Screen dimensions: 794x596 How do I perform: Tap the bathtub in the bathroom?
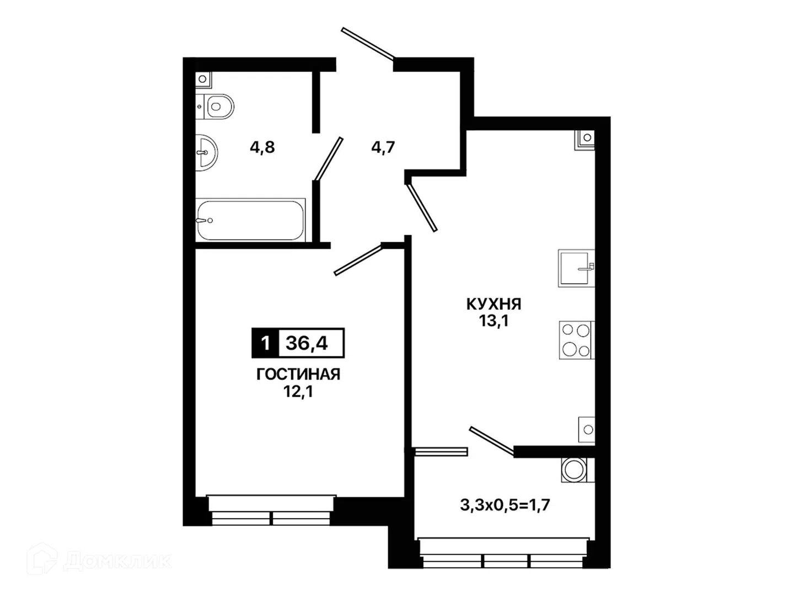tap(250, 220)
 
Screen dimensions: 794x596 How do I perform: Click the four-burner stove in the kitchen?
tap(577, 340)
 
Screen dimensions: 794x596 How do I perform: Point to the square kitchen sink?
tap(576, 268)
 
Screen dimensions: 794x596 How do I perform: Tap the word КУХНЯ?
tap(493, 304)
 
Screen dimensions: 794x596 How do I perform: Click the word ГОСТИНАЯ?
tap(298, 374)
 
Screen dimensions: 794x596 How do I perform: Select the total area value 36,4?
tap(307, 343)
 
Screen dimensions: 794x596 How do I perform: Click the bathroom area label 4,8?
tap(262, 147)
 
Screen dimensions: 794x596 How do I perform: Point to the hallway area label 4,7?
tap(383, 147)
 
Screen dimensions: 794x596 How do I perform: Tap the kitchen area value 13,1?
tap(493, 321)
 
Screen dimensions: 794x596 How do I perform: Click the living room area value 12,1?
tap(298, 392)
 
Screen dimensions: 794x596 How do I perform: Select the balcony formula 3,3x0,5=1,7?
tap(505, 504)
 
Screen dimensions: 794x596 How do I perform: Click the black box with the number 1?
tap(265, 343)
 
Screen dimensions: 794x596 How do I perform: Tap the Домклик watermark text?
tap(117, 561)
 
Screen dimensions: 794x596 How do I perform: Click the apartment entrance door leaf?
tap(368, 43)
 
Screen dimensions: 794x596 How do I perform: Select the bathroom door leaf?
tap(329, 158)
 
